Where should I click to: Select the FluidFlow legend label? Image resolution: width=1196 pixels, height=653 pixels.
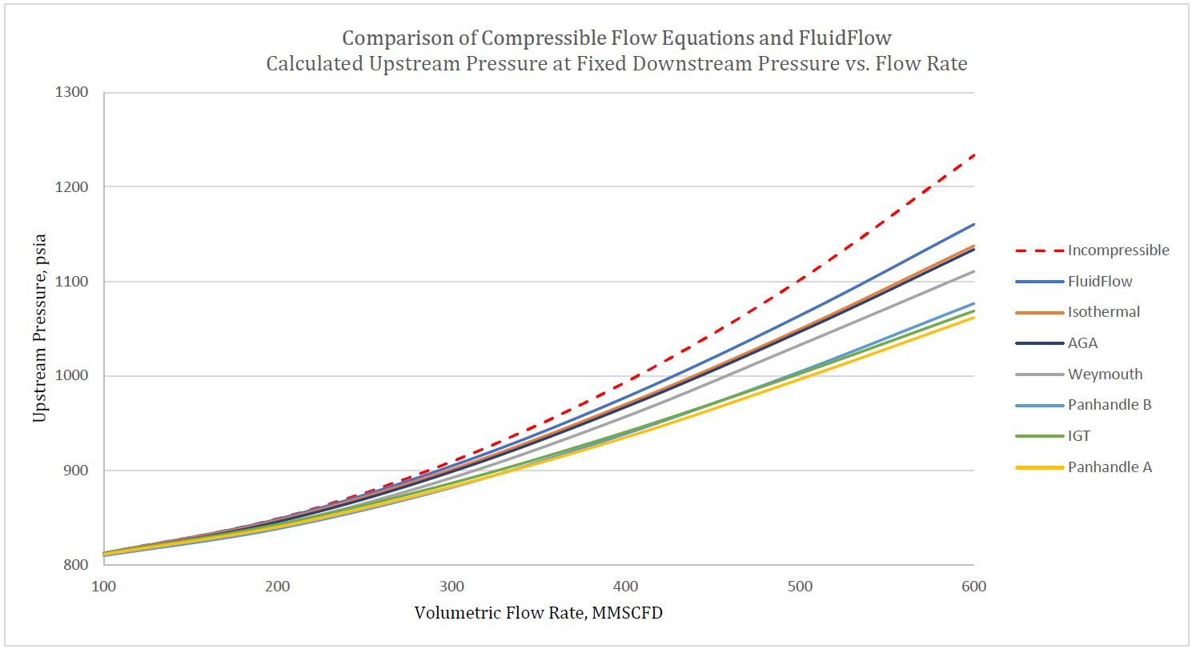pos(1100,282)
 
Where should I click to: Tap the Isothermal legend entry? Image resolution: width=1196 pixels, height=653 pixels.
pos(1103,312)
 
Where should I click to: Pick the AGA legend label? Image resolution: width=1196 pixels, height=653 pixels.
pos(1082,343)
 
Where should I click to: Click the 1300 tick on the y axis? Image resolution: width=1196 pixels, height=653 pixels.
pos(71,92)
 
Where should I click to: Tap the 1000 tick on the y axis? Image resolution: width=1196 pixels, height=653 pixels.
pos(71,375)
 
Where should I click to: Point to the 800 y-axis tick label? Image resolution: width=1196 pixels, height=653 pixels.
pos(75,564)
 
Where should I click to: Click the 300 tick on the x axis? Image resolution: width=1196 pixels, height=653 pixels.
pos(452,587)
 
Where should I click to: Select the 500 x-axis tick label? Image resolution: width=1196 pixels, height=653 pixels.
pos(800,587)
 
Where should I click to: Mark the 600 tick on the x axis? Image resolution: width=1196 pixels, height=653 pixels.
pos(973,587)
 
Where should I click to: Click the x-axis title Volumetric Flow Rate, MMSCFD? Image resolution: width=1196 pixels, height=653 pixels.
pos(538,613)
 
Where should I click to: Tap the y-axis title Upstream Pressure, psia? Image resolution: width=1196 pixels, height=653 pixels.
pos(39,328)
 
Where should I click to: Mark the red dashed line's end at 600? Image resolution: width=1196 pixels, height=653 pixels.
pos(973,154)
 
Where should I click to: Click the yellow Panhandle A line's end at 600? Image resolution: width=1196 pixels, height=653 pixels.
pos(973,318)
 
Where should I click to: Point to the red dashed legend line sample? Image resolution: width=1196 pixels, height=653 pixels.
pos(1039,250)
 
